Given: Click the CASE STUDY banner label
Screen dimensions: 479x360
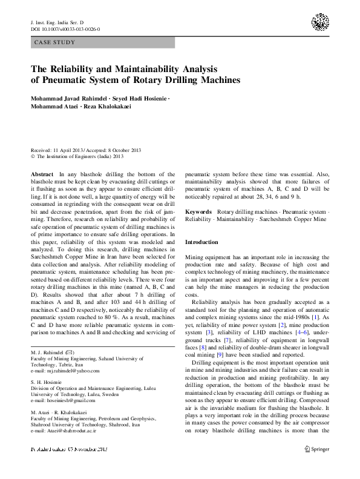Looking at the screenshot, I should coord(55,42).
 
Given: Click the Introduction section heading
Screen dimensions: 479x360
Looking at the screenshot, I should coord(201,242).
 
